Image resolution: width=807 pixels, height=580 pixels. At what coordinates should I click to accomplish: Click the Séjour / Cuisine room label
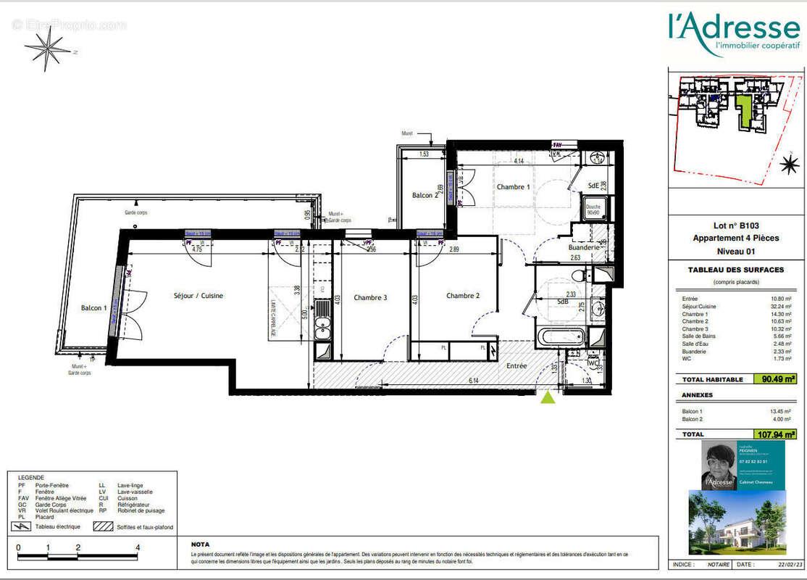coord(198,296)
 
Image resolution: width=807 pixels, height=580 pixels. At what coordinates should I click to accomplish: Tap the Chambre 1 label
coord(513,187)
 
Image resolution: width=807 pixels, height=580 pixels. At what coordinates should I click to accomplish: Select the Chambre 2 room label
coord(463,296)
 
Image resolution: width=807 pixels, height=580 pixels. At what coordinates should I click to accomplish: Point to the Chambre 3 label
coord(370,297)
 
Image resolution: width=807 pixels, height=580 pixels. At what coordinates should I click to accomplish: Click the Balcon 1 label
coord(93,308)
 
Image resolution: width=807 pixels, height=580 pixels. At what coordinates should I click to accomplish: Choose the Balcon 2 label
coord(425,195)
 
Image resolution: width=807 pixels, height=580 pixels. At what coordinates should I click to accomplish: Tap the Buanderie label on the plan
coord(583,247)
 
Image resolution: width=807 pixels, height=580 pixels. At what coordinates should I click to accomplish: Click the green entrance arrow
coord(548,397)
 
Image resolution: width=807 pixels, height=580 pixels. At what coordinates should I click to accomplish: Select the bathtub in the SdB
coord(561,337)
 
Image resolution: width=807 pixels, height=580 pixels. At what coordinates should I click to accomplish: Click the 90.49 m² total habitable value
coord(779,378)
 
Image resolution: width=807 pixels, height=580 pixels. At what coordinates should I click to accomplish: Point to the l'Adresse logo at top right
coord(733,33)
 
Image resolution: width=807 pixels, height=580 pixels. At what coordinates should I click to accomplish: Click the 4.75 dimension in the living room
coord(196,249)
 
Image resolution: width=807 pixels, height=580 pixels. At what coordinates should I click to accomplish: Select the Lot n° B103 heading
coord(735,226)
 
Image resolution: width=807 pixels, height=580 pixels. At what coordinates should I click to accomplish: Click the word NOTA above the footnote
coord(201,544)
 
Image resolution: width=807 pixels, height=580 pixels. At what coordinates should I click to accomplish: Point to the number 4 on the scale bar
coord(137,548)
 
